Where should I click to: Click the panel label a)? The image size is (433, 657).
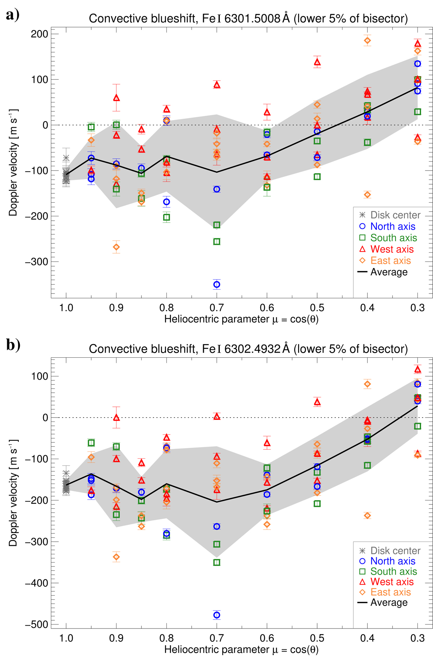(12, 15)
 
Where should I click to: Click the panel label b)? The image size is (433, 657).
(13, 345)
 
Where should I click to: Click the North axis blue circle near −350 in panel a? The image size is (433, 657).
(216, 285)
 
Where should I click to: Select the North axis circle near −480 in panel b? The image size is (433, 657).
(216, 615)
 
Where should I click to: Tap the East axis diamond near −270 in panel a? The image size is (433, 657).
(116, 247)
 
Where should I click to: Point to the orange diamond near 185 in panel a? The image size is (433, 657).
(367, 41)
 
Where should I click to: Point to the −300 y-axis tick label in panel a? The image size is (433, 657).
(36, 262)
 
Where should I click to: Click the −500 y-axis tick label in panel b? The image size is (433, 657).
(36, 625)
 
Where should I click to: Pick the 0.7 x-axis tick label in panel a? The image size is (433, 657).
(216, 308)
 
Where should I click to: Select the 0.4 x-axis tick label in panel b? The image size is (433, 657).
(367, 638)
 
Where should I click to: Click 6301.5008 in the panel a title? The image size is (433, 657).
(252, 18)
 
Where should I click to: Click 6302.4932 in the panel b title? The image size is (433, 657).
(252, 349)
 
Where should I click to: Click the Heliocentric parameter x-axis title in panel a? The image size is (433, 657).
(241, 319)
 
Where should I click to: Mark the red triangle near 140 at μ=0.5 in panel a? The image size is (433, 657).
(317, 62)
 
